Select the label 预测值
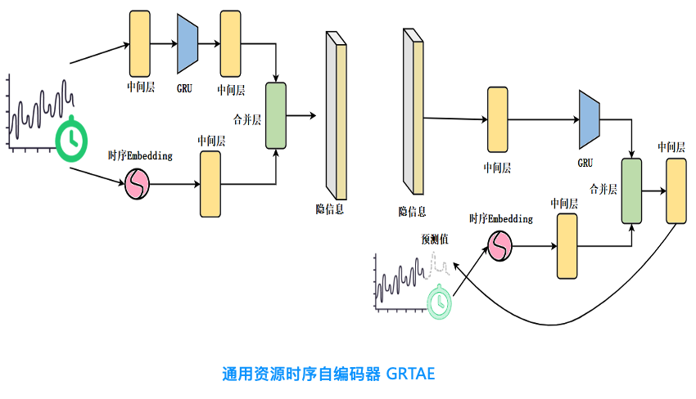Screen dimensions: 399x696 (x=435, y=240)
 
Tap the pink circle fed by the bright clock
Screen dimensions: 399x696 (x=137, y=186)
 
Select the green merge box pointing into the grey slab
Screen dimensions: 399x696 (x=276, y=115)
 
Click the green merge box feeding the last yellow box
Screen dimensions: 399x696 (x=631, y=191)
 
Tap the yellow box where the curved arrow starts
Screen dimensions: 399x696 (x=676, y=191)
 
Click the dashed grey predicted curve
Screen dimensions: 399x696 (x=440, y=266)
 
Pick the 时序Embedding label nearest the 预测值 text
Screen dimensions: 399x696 (x=500, y=219)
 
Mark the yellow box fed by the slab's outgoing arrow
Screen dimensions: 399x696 (x=498, y=120)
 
